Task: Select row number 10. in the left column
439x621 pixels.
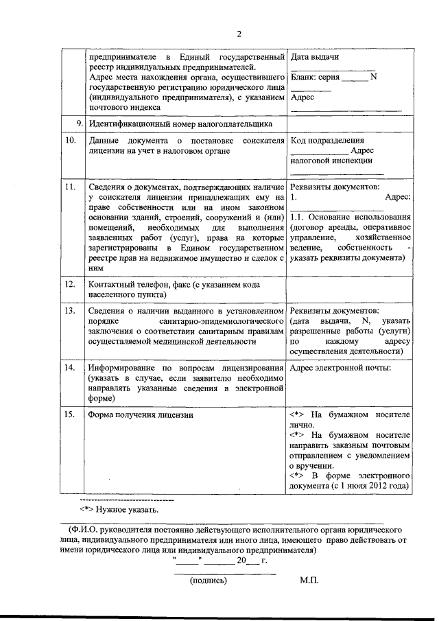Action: (x=69, y=140)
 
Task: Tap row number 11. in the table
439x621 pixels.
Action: (x=69, y=187)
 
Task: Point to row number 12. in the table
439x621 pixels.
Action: (x=69, y=283)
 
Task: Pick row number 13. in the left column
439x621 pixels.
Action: (x=69, y=311)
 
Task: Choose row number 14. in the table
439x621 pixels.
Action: (x=69, y=368)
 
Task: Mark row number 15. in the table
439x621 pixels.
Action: (x=69, y=415)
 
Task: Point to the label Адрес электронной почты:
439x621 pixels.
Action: (x=341, y=368)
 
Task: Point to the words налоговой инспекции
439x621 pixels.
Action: (x=331, y=161)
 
